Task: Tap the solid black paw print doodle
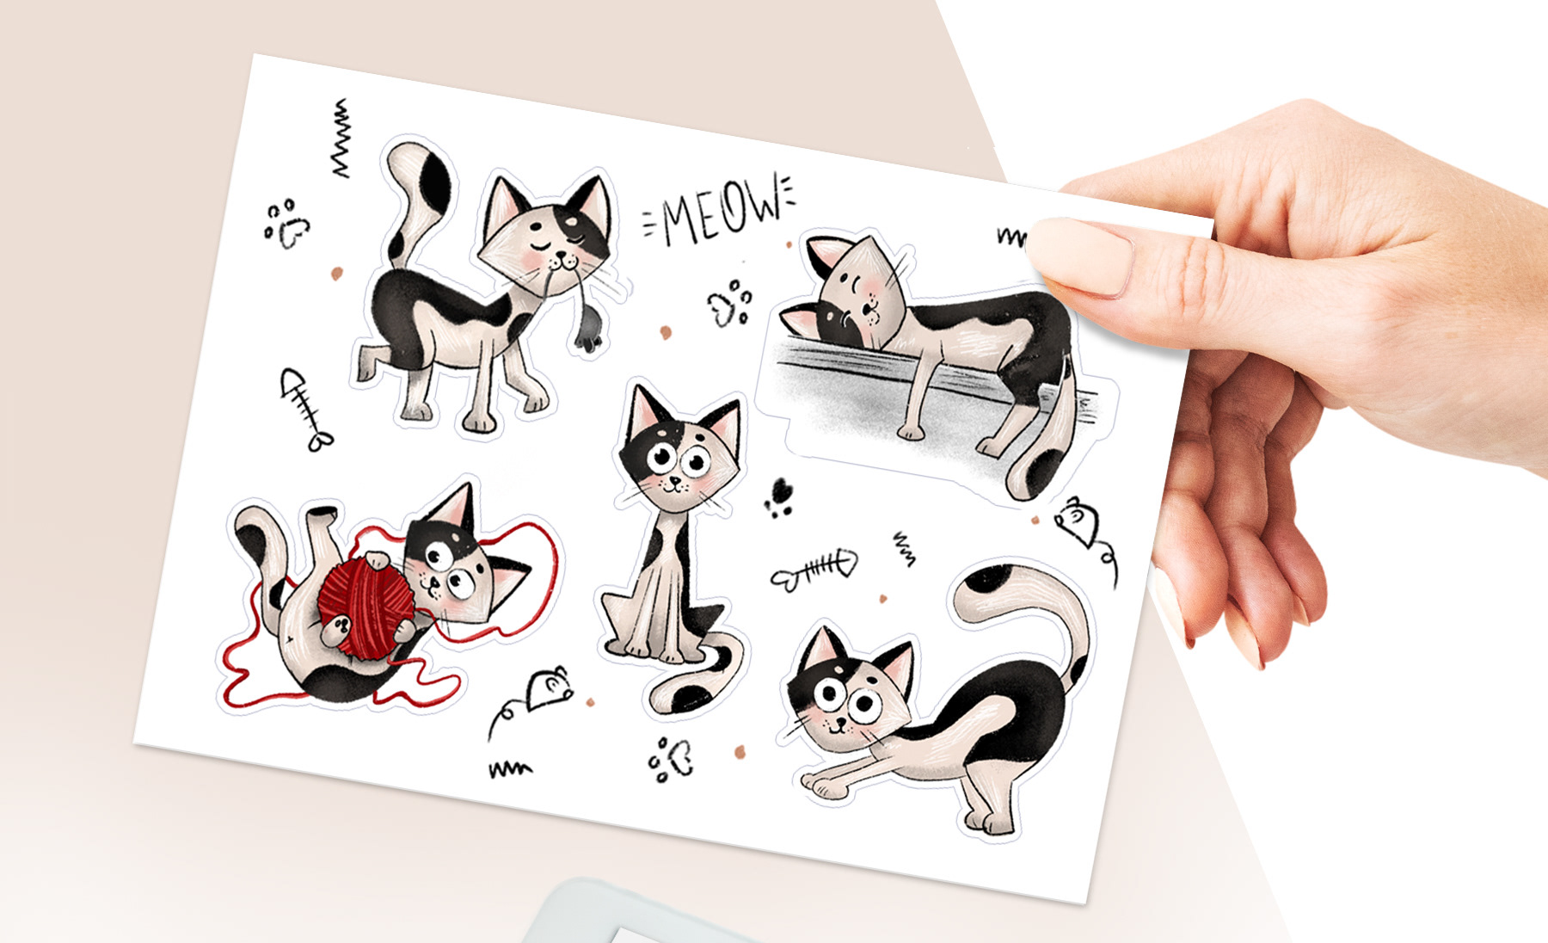(x=781, y=496)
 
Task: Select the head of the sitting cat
(x=679, y=456)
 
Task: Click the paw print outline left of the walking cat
(x=286, y=224)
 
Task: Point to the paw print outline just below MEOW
(x=730, y=302)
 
